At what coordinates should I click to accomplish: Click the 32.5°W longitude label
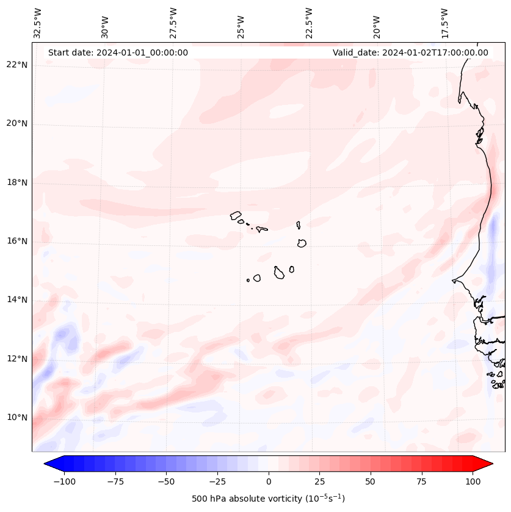pos(38,22)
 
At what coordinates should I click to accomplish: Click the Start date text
pos(118,52)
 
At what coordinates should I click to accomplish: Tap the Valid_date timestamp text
pos(410,52)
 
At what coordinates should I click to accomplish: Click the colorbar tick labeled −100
pos(64,481)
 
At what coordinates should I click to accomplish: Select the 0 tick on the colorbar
pos(269,481)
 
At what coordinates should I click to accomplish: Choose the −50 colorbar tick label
pos(166,481)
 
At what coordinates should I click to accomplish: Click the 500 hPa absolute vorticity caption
pos(268,499)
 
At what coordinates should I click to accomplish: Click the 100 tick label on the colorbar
pos(473,481)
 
